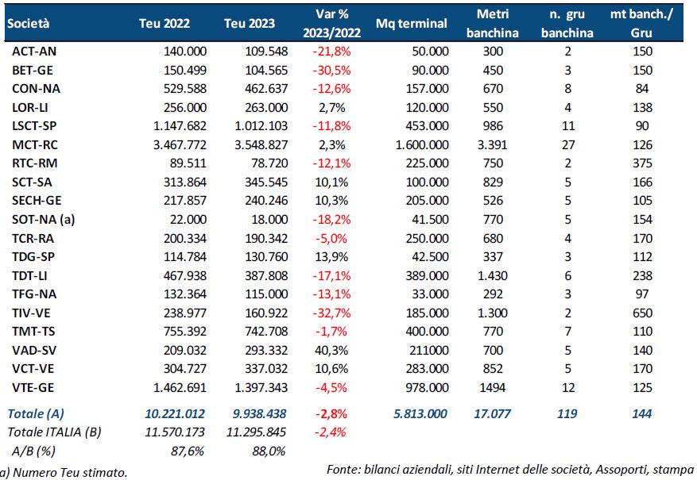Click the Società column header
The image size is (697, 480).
[28, 24]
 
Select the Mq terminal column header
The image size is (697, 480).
[411, 24]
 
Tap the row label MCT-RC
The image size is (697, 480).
[35, 144]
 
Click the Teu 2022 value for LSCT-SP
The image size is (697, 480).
[180, 126]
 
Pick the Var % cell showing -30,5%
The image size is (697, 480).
[331, 70]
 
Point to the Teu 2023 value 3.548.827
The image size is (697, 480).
[261, 144]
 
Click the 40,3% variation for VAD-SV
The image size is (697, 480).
[331, 350]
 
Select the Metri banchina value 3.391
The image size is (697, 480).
[492, 144]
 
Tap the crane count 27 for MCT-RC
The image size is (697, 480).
[568, 144]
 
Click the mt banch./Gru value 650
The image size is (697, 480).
[642, 313]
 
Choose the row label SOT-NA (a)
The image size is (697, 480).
[43, 220]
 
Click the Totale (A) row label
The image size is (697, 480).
[36, 414]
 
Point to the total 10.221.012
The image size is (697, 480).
[175, 414]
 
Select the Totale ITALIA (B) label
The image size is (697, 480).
[54, 432]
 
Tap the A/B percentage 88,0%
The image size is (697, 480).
[269, 451]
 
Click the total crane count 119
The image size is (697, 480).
[567, 414]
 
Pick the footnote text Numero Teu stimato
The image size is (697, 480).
[70, 472]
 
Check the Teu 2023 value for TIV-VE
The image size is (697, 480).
[266, 313]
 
